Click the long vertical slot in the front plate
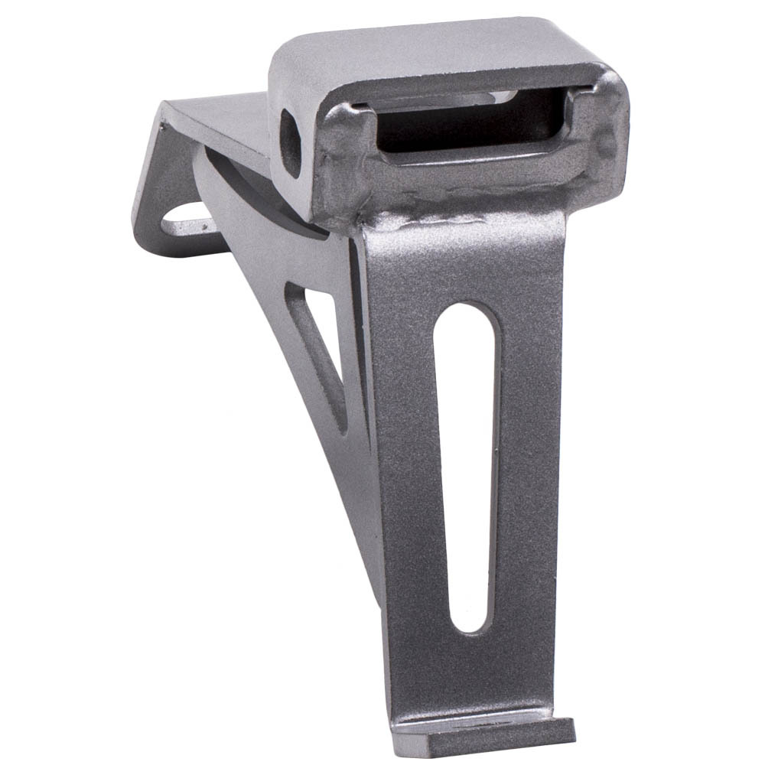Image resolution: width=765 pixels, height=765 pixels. (467, 467)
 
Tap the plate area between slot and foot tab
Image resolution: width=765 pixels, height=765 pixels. (474, 673)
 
